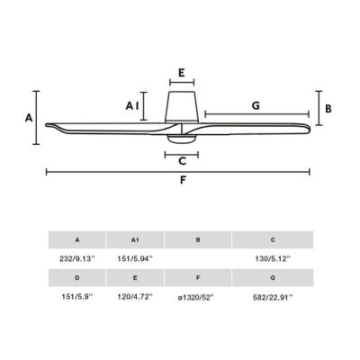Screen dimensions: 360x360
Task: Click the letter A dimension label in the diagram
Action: coord(29,118)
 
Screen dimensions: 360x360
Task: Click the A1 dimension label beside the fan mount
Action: coord(132,106)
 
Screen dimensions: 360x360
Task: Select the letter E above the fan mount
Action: coord(181,73)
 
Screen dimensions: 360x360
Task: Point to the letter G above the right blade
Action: coord(256,105)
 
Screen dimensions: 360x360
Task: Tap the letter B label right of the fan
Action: coord(328,108)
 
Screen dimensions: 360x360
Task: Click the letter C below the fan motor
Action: coord(182,162)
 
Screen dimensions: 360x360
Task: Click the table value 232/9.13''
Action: coord(77,258)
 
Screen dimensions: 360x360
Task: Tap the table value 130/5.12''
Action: coord(273,258)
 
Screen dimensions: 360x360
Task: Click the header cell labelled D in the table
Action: coord(77,278)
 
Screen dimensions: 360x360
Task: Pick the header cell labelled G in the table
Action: coord(273,278)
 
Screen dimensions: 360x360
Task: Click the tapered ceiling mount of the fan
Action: coord(181,106)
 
